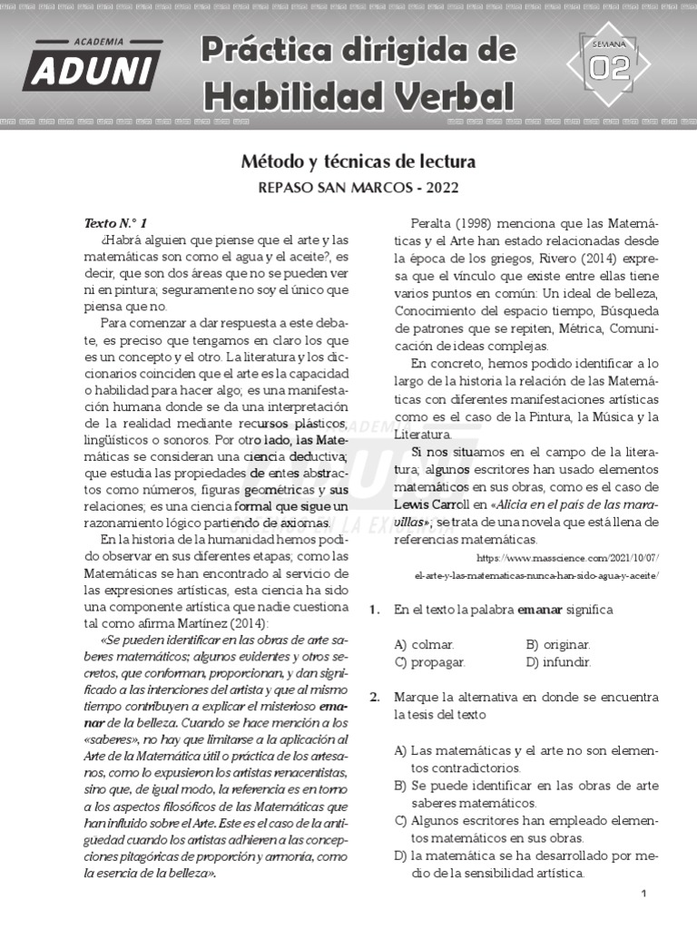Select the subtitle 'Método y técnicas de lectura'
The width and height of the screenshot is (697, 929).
click(x=358, y=161)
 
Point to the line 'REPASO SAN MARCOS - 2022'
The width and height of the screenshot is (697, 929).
click(x=358, y=188)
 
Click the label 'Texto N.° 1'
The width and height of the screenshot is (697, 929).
click(x=115, y=222)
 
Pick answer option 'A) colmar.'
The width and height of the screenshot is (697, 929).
click(x=424, y=644)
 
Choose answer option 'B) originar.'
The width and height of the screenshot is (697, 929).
click(x=558, y=644)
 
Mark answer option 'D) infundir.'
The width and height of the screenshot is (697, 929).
click(x=558, y=661)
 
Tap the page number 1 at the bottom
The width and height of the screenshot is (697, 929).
click(x=643, y=895)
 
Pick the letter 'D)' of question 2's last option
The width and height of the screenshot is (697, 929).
click(x=399, y=856)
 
